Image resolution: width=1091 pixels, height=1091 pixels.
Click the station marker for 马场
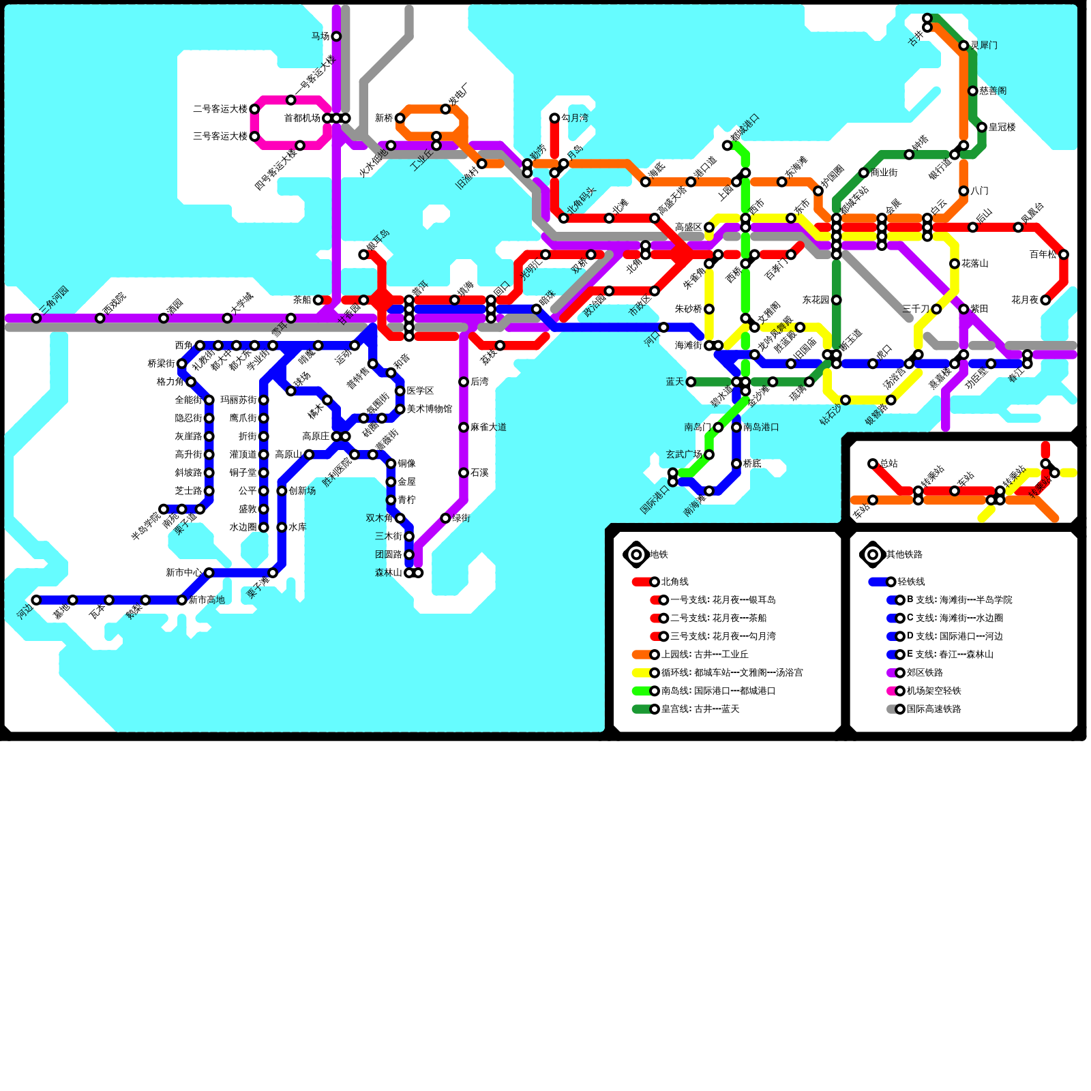point(336,36)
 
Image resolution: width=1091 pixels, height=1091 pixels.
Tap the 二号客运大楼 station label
point(220,109)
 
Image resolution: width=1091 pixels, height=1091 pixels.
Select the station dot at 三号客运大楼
point(254,136)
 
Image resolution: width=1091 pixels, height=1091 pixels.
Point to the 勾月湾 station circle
point(554,118)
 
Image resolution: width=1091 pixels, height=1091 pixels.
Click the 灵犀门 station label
point(984,46)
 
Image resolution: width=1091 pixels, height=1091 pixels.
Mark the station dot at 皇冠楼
point(982,127)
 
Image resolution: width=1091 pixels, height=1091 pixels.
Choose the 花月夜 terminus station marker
point(1045,300)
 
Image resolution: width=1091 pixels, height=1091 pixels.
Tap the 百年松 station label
point(1043,255)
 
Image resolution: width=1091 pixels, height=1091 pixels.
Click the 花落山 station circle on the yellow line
point(955,264)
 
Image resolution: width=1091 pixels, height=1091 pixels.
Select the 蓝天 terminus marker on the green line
point(691,382)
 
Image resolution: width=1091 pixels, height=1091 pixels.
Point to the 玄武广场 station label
point(684,455)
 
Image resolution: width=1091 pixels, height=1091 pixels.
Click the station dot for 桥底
point(736,464)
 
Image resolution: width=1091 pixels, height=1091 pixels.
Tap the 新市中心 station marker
point(209,573)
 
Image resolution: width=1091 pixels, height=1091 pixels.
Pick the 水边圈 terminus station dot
point(264,527)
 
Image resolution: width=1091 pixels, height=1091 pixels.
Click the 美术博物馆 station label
point(430,409)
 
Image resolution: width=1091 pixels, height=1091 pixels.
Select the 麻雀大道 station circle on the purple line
point(464,428)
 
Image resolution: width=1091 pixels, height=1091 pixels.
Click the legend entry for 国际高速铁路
point(933,709)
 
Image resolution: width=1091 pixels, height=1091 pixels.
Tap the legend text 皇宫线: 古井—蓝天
point(700,709)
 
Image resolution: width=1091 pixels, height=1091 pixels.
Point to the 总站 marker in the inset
point(873,464)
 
